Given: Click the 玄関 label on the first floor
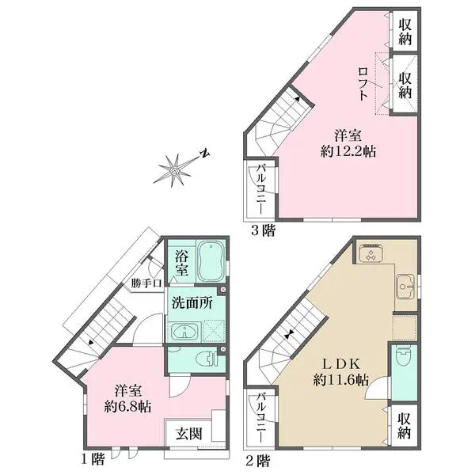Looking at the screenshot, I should (188, 433).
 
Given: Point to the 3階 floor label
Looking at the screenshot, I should (264, 231).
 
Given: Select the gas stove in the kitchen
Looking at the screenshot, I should (371, 255).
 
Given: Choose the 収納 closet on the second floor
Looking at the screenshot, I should (404, 424).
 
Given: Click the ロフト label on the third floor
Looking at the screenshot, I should (363, 82).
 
